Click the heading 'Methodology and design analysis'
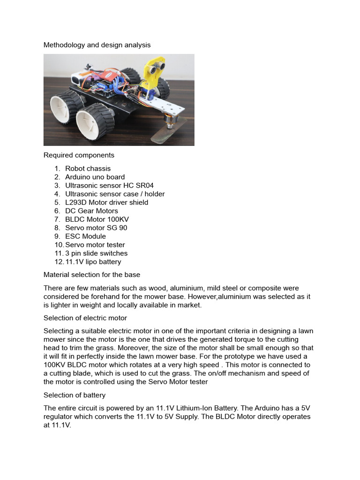pyautogui.click(x=97, y=45)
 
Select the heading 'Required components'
pyautogui.click(x=79, y=155)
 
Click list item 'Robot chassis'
pyautogui.click(x=88, y=168)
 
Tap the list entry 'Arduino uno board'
pyautogui.click(x=95, y=177)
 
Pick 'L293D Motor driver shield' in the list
pyautogui.click(x=106, y=202)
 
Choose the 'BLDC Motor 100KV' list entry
pyautogui.click(x=97, y=219)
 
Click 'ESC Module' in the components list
pyautogui.click(x=85, y=236)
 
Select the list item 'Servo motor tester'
pyautogui.click(x=95, y=245)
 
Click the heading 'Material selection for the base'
pyautogui.click(x=92, y=275)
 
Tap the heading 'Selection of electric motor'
pyautogui.click(x=85, y=318)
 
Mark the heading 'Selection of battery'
pyautogui.click(x=75, y=395)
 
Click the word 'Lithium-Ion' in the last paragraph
pyautogui.click(x=187, y=408)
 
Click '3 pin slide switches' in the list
pyautogui.click(x=96, y=253)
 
